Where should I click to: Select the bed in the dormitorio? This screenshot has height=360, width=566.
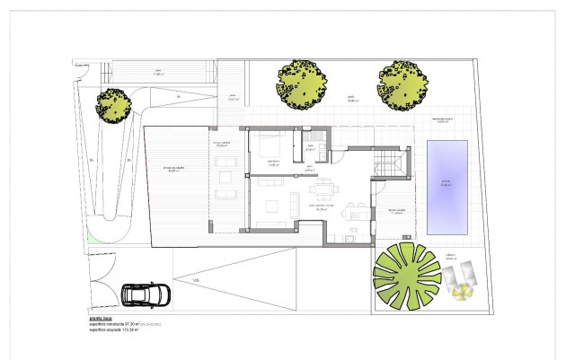pos(272,145)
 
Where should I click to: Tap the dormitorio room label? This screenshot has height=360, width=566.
pos(270,162)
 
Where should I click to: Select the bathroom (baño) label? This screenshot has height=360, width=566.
pos(311,149)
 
